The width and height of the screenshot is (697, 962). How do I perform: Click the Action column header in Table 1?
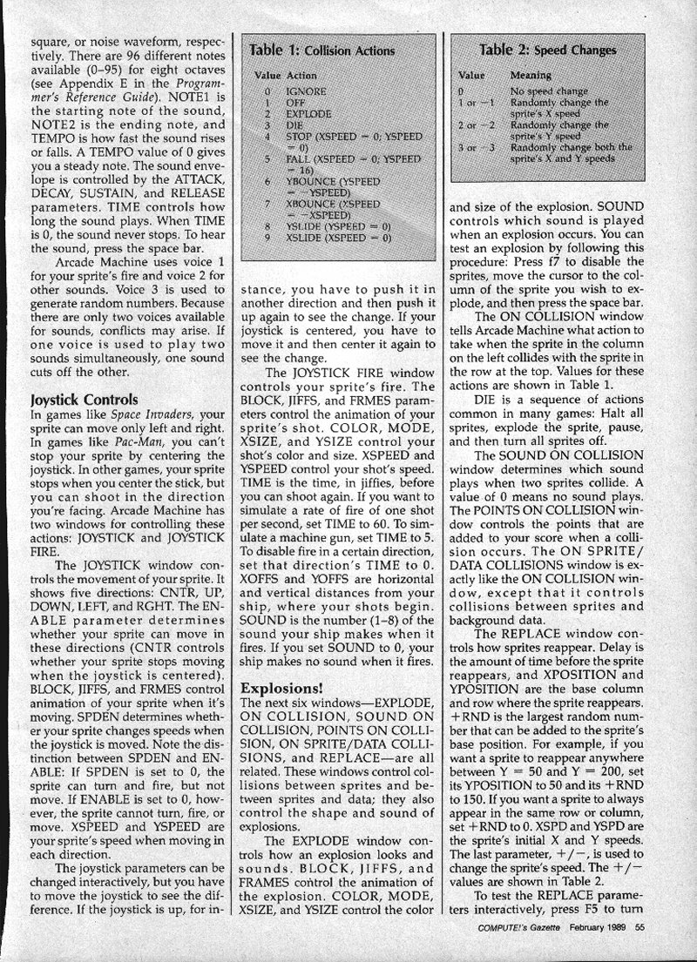(x=301, y=76)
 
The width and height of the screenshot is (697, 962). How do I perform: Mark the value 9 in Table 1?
(x=268, y=236)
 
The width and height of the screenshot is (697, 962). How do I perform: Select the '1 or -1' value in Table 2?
(x=477, y=102)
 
